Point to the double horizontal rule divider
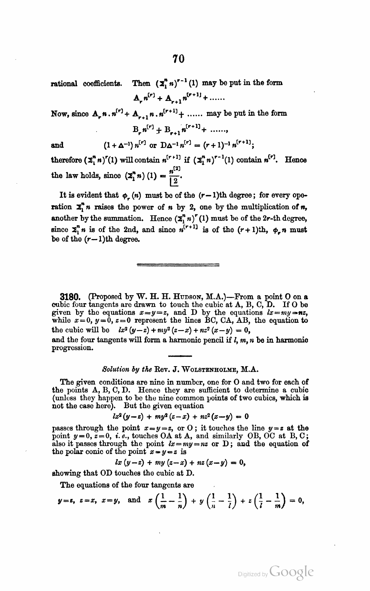click(x=178, y=265)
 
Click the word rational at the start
click(x=64, y=83)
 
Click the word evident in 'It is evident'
click(x=90, y=195)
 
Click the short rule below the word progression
click(x=178, y=356)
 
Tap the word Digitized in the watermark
click(x=249, y=575)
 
